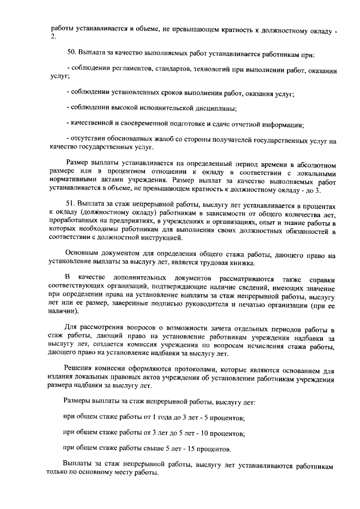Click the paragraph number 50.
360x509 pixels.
[x=70, y=55]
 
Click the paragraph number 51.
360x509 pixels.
[x=70, y=208]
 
